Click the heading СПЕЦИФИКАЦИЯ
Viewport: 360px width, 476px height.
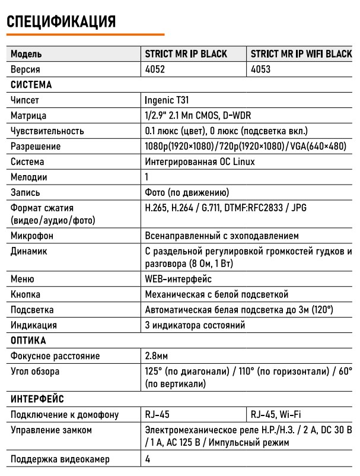[x=60, y=21]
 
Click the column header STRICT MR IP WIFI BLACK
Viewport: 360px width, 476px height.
[x=301, y=54]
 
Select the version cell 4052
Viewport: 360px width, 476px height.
[x=155, y=69]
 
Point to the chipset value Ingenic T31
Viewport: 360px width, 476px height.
[x=167, y=100]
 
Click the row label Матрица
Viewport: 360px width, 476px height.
[x=28, y=116]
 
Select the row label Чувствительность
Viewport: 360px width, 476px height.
[x=47, y=131]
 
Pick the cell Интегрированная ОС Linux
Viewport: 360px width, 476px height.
[x=200, y=161]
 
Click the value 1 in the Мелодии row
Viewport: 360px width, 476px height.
[x=147, y=177]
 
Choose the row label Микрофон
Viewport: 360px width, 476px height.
[x=32, y=236]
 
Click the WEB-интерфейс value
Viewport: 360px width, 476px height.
[x=179, y=279]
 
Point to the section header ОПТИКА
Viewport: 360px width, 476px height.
[x=28, y=341]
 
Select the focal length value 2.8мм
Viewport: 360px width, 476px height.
[x=157, y=356]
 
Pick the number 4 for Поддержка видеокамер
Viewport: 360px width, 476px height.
[x=148, y=459]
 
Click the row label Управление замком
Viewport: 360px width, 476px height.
[x=51, y=430]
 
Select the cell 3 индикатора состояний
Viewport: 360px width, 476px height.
[x=195, y=325]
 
